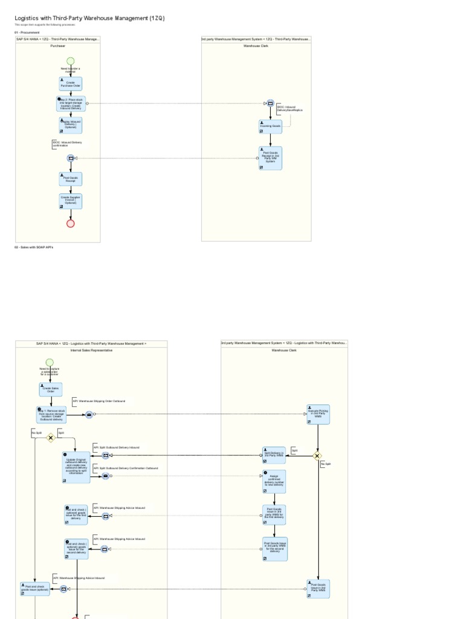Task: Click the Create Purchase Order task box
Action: coord(70,84)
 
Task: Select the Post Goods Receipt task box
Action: coord(70,179)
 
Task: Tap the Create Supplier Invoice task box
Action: coord(70,201)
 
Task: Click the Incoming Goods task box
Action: coord(270,126)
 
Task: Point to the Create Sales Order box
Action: coord(51,390)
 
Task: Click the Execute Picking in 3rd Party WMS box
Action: coord(318,415)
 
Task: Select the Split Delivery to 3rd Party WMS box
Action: coord(274,455)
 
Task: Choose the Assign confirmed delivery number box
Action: coord(274,481)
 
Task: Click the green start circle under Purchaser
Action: coord(70,61)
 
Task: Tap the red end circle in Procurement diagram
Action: coord(70,224)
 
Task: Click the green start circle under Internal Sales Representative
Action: coord(50,363)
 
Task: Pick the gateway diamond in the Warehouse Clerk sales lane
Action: coord(318,456)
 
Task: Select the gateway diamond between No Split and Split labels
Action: coord(51,438)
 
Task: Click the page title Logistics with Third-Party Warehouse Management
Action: coord(89,18)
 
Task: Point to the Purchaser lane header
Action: coord(58,46)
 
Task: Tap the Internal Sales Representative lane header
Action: coord(91,350)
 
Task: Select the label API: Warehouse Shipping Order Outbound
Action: coord(99,401)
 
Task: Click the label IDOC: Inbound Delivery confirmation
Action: coord(67,144)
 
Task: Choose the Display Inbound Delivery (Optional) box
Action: coord(70,125)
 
